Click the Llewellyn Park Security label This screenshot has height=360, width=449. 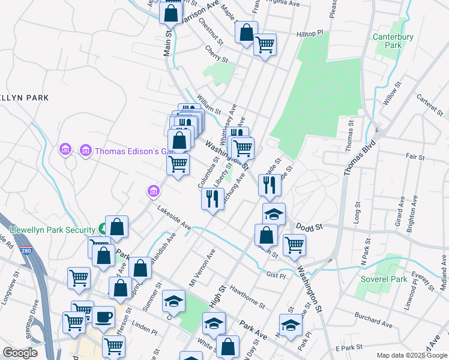tap(53, 230)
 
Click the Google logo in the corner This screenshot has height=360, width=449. tap(20, 353)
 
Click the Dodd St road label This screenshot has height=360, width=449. tap(310, 226)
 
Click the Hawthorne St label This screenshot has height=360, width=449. tap(247, 296)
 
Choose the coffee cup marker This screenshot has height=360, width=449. tap(103, 316)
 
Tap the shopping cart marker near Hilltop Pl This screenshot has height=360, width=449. tap(265, 44)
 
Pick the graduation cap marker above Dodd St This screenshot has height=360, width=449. tap(274, 214)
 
